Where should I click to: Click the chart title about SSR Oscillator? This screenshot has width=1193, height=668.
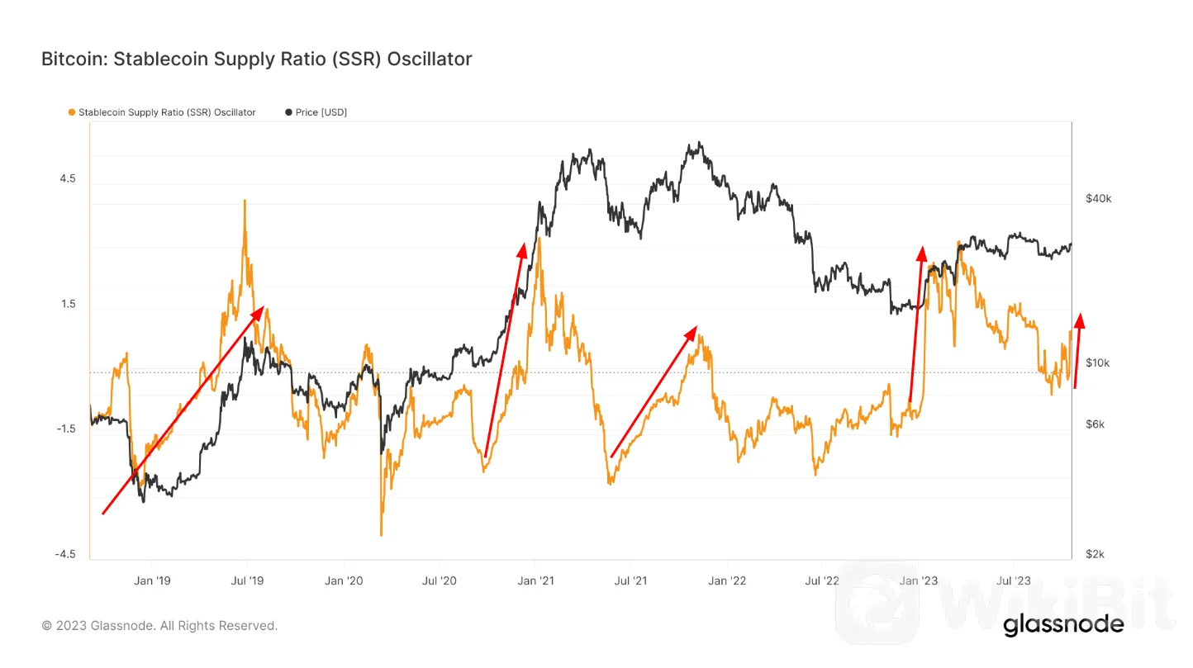(256, 59)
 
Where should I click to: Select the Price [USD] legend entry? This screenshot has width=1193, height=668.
(316, 112)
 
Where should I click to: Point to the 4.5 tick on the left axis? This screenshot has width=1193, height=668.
(66, 179)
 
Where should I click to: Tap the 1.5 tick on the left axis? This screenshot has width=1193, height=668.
(66, 304)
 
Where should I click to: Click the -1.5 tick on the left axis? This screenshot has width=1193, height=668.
(64, 429)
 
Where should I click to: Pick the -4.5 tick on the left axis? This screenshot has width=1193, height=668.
(64, 554)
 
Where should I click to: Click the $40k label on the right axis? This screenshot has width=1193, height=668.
(1098, 199)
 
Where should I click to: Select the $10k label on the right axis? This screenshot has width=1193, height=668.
(1098, 363)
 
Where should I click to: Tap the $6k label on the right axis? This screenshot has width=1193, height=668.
(1096, 424)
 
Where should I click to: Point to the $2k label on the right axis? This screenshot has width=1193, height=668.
(1096, 554)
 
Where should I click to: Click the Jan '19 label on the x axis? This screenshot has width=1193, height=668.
(152, 580)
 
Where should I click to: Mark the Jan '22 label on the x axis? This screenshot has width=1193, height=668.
(727, 580)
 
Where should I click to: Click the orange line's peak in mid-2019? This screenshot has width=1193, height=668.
(245, 201)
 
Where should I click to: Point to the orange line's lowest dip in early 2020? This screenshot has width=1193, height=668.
(381, 534)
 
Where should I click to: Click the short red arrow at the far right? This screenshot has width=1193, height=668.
(1077, 350)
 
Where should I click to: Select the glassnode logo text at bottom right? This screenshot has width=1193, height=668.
(1063, 625)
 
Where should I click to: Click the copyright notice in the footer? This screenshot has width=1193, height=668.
(159, 626)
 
